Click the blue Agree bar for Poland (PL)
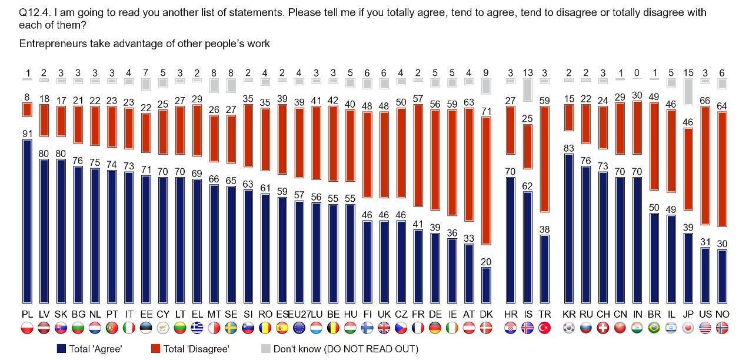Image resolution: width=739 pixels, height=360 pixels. pos(27,220)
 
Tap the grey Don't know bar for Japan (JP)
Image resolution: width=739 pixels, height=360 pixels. pos(688,91)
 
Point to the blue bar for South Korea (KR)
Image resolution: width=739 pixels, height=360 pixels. pos(569,228)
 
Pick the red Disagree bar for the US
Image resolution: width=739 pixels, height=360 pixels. pos(705,164)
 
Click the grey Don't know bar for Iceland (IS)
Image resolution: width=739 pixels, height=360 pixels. pos(528,89)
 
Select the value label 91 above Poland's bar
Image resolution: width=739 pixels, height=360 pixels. pos(27,134)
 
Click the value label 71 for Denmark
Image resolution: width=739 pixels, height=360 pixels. pos(486,111)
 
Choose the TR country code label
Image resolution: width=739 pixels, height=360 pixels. pos(545,315)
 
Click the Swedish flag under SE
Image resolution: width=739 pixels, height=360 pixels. pos(231,328)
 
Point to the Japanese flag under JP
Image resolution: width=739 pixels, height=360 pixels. pos(688,328)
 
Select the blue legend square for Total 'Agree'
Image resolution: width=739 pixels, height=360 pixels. pos(61,349)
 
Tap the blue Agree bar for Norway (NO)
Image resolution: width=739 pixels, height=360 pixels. pos(722,275)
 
